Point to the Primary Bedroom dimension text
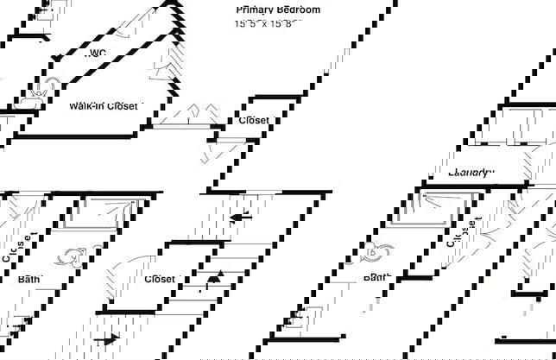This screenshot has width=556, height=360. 269,24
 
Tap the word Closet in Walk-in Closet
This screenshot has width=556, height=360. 122,106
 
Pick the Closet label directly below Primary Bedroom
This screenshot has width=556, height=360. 254,121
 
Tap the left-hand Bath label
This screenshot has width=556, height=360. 28,280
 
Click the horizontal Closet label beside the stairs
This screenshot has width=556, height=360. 160,280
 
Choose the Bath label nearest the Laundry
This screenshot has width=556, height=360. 377,278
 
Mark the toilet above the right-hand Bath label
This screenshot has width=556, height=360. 378,252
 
